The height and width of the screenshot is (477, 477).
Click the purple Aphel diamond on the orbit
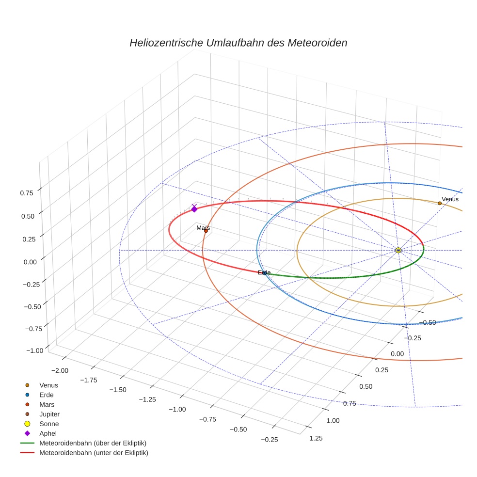click(194, 208)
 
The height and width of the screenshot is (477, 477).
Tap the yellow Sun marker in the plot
click(398, 250)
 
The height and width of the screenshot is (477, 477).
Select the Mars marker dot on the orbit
click(206, 231)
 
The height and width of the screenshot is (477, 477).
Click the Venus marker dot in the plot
click(440, 203)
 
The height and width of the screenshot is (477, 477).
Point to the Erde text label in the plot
click(264, 272)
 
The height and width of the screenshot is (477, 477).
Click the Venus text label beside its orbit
click(450, 199)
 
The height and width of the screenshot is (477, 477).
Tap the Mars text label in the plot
click(203, 227)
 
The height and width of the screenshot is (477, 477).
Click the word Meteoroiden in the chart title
click(318, 43)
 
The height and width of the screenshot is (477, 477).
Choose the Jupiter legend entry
click(49, 414)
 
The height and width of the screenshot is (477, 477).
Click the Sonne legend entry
click(49, 424)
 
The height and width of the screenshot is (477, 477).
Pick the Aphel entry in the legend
click(48, 433)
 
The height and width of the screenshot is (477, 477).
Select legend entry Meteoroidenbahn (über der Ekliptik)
click(93, 443)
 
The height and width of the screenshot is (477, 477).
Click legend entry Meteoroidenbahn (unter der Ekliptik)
click(94, 453)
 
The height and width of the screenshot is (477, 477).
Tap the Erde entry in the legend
click(47, 395)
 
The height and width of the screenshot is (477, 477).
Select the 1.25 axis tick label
click(315, 438)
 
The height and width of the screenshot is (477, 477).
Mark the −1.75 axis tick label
click(91, 380)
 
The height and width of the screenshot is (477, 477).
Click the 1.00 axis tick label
click(333, 420)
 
